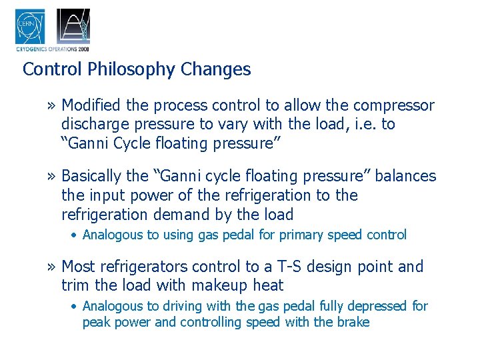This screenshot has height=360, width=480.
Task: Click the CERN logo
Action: pyautogui.click(x=30, y=27)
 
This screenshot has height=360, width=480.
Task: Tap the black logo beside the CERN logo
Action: pyautogui.click(x=73, y=27)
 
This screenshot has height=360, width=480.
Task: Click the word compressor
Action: pyautogui.click(x=393, y=105)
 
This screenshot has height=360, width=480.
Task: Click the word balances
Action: pyautogui.click(x=407, y=177)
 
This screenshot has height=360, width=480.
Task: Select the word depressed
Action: pyautogui.click(x=375, y=306)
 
